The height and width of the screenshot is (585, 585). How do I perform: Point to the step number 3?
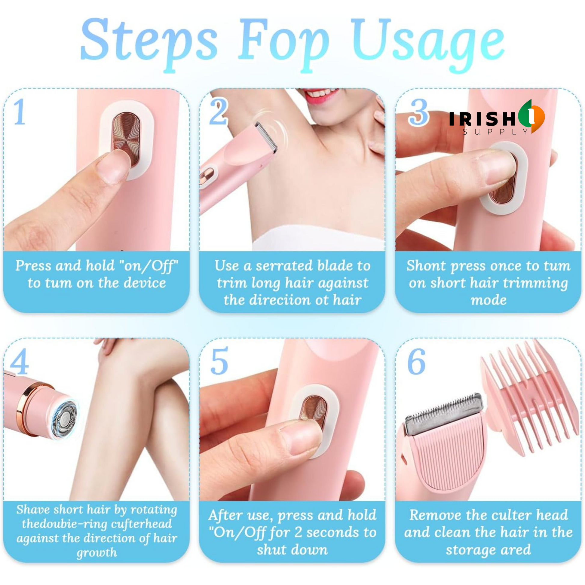click(419, 112)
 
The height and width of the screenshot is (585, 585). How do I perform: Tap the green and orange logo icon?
click(531, 116)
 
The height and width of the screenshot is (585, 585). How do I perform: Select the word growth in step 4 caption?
click(96, 553)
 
